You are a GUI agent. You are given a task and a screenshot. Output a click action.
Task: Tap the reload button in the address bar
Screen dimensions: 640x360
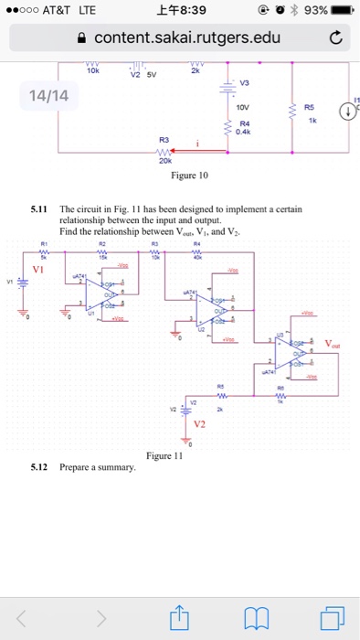(x=335, y=38)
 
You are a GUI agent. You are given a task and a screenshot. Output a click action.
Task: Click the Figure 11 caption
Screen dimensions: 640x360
(x=165, y=455)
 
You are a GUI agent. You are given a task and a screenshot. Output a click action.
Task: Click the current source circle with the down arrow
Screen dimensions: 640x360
(x=348, y=112)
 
